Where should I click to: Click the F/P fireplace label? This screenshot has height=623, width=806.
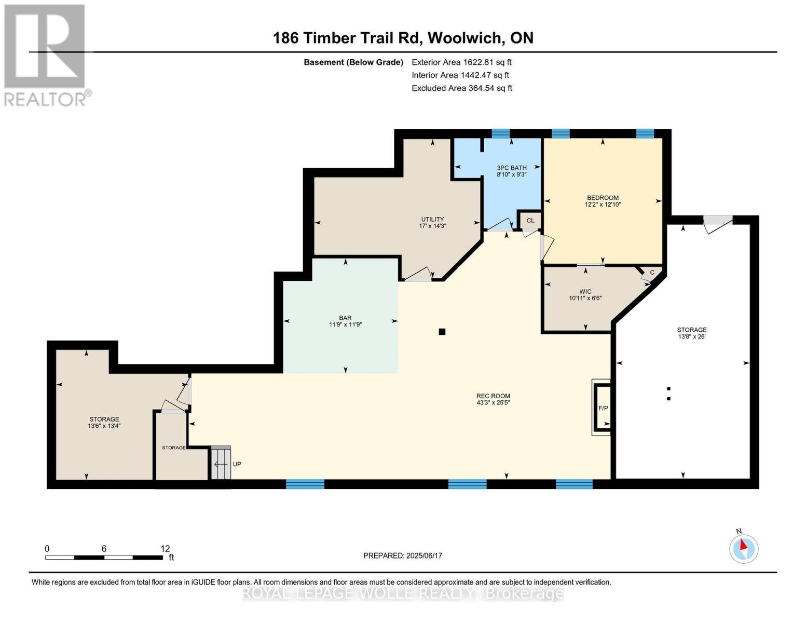click(603, 408)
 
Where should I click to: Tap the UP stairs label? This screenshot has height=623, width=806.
click(237, 464)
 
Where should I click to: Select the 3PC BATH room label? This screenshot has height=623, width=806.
click(512, 168)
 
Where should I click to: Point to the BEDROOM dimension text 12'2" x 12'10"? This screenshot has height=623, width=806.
click(603, 205)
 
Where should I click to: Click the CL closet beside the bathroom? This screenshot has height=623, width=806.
click(530, 221)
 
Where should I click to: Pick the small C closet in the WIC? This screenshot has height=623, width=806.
click(652, 273)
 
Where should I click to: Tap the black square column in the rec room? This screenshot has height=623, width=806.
click(442, 332)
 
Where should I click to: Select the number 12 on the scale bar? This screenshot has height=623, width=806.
click(165, 549)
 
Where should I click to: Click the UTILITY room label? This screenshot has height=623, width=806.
click(432, 219)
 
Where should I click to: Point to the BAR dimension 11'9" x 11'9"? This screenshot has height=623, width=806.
click(345, 324)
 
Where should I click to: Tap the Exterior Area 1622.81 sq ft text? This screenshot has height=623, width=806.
click(461, 62)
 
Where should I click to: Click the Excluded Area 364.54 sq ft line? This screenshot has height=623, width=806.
click(461, 88)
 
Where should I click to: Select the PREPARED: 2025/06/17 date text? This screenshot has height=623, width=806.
click(403, 556)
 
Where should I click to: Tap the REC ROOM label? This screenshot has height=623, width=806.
click(493, 396)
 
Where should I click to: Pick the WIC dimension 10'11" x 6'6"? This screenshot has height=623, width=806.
click(585, 298)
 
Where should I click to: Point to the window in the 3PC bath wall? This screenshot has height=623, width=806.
click(500, 133)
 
